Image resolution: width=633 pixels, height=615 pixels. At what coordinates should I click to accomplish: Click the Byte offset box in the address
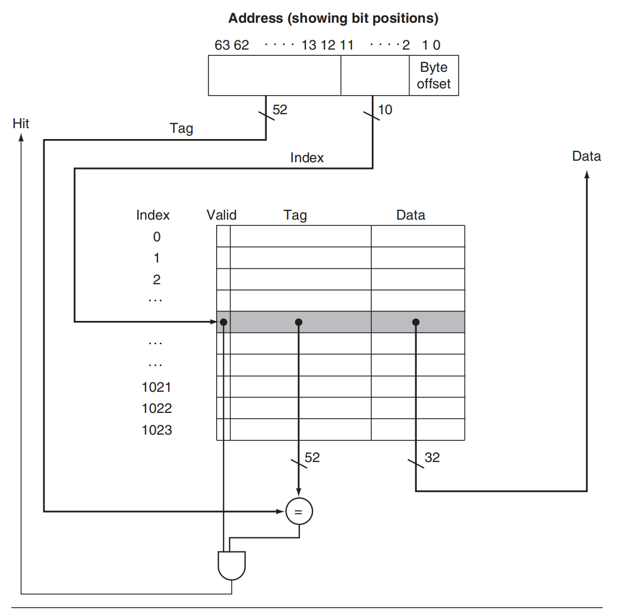(x=433, y=75)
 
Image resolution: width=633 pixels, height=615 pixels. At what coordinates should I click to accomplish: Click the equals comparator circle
(x=299, y=511)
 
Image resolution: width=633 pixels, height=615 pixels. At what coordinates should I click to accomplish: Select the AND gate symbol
(x=231, y=566)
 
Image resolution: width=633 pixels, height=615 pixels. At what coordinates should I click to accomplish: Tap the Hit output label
(x=21, y=124)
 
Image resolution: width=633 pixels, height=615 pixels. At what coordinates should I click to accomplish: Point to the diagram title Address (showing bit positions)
(x=333, y=18)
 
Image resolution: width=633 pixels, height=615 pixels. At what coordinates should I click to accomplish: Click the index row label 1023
(x=157, y=430)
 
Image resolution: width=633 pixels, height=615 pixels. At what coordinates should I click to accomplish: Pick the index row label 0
(x=157, y=237)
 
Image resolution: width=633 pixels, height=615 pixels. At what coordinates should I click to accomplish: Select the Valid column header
(x=221, y=215)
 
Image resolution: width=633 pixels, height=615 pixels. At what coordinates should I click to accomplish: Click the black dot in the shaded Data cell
(x=416, y=322)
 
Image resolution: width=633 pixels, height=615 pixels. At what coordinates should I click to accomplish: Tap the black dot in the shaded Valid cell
(x=223, y=322)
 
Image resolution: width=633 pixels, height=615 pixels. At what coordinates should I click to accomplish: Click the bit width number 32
(x=432, y=457)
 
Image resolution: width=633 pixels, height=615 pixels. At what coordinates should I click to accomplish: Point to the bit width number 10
(x=385, y=110)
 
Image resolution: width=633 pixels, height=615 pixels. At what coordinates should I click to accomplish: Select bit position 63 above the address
(x=222, y=45)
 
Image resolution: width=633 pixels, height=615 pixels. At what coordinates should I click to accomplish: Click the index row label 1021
(x=156, y=387)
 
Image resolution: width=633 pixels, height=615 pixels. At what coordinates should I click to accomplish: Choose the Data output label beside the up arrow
(x=586, y=156)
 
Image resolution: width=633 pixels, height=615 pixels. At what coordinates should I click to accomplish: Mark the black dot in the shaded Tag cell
(x=298, y=322)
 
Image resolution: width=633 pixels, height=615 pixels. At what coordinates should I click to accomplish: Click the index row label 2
(x=157, y=280)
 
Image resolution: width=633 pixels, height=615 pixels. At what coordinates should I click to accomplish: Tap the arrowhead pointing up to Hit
(x=21, y=137)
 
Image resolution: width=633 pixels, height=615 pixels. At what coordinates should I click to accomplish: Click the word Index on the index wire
(x=307, y=158)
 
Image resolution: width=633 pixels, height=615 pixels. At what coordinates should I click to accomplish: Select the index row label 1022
(x=157, y=408)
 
